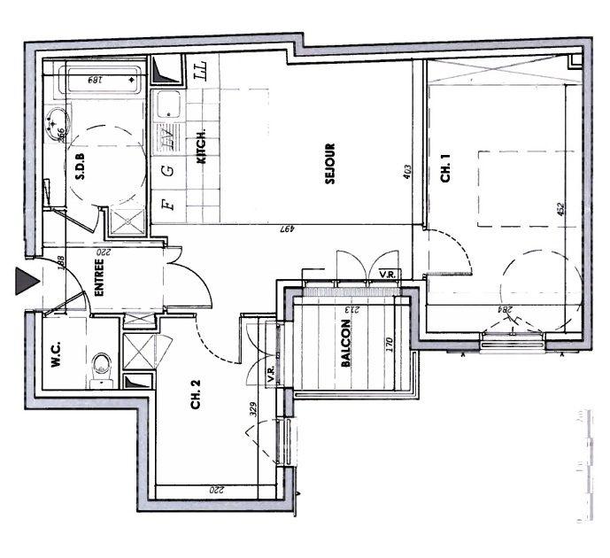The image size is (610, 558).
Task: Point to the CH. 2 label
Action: (x=197, y=401)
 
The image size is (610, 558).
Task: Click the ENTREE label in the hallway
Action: (x=100, y=276)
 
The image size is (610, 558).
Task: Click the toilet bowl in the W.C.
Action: (x=102, y=364)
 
